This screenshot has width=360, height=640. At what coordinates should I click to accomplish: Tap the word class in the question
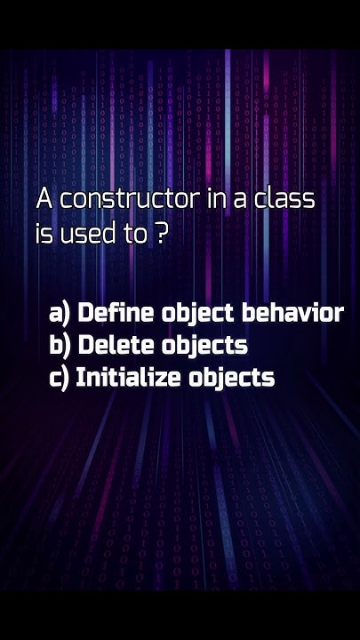tap(284, 199)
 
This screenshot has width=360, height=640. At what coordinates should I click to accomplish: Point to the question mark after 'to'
tap(161, 236)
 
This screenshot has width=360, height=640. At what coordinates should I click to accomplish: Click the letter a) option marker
tap(60, 313)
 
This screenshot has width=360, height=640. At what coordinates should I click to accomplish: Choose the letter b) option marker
tap(60, 345)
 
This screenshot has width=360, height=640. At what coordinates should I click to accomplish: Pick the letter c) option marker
tap(60, 377)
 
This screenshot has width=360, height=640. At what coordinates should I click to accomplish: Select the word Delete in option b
tap(116, 345)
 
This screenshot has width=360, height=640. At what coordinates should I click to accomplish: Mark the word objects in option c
tap(231, 378)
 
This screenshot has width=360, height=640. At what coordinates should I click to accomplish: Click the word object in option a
tap(198, 314)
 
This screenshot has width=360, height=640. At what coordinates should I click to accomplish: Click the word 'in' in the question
tap(216, 199)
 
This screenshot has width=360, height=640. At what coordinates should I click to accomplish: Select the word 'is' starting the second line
tap(44, 236)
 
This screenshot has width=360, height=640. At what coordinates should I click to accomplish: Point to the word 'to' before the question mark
tap(134, 236)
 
